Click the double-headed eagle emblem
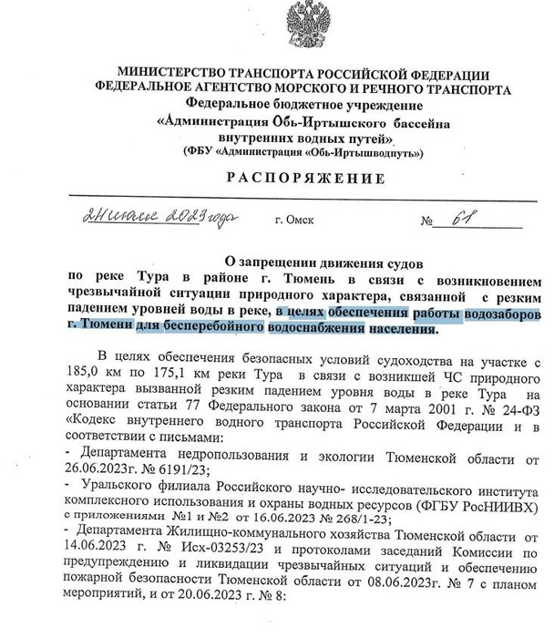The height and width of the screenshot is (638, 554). (x=306, y=27)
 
